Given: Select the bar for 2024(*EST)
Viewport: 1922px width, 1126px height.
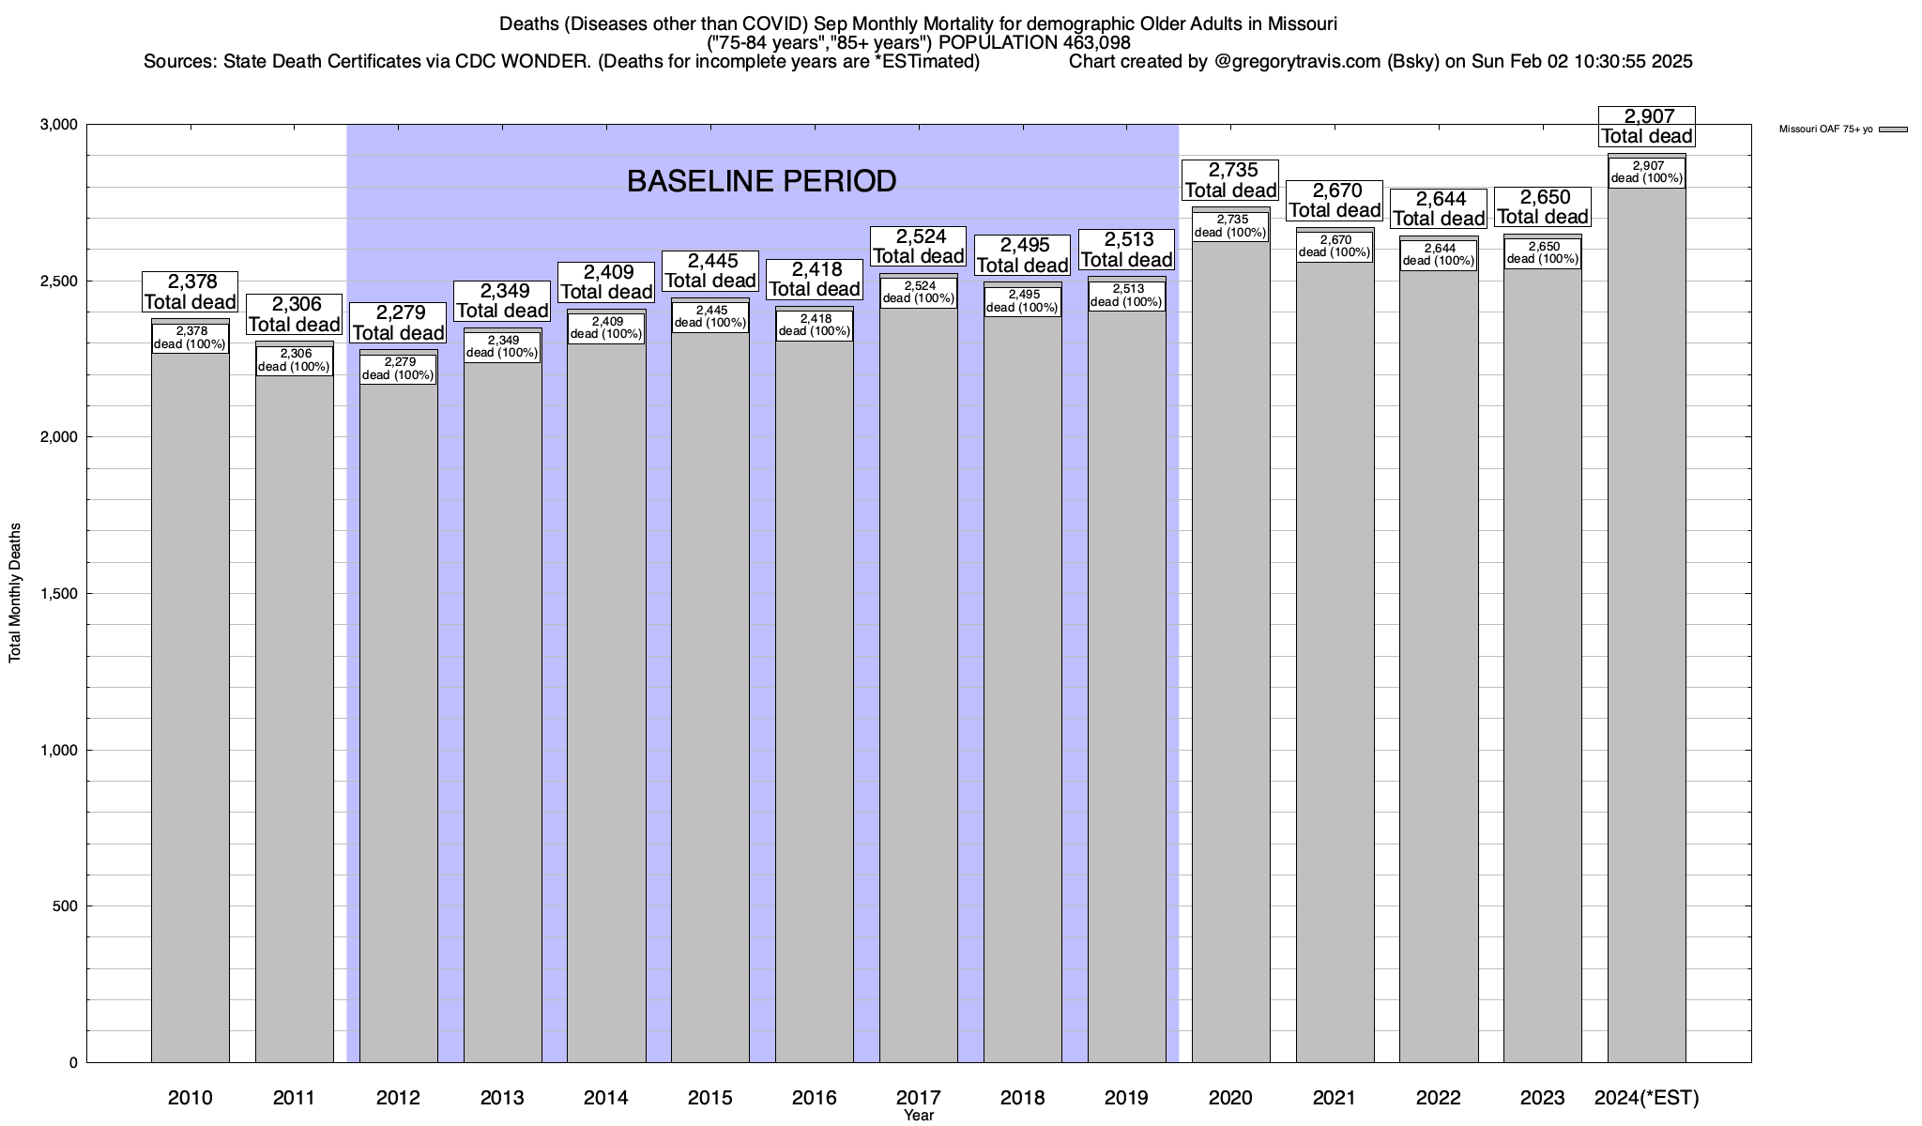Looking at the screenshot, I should (x=1646, y=638).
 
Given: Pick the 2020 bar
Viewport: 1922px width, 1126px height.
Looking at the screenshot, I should (x=1230, y=657).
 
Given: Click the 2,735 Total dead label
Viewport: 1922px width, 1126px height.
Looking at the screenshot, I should (x=1230, y=180).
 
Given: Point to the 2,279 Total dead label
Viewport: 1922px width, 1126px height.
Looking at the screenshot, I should (x=398, y=323).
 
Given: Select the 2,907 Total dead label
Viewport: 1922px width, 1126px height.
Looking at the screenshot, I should (x=1646, y=126).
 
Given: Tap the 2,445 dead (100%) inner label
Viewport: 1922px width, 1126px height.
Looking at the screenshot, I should (x=710, y=316).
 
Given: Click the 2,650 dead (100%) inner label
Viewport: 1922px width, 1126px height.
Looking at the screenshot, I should (x=1543, y=253).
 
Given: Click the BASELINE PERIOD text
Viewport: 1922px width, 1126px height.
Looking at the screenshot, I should (x=761, y=181).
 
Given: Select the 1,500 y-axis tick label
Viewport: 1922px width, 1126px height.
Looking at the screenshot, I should (x=59, y=594).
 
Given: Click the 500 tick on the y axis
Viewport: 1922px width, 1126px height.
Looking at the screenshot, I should (x=66, y=906).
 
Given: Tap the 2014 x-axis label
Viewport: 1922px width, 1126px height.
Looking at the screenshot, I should (x=606, y=1098).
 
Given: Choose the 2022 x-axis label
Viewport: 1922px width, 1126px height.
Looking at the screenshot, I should (x=1439, y=1098).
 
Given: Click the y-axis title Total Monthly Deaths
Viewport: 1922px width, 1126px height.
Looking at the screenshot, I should (x=15, y=593).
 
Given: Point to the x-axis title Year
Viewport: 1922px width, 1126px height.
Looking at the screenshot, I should (x=919, y=1116).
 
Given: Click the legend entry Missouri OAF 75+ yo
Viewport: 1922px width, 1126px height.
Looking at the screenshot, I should (x=1825, y=129).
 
